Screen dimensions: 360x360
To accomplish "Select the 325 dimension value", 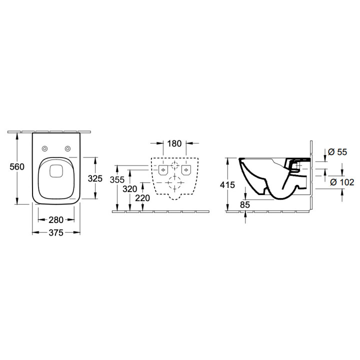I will pyautogui.click(x=95, y=178).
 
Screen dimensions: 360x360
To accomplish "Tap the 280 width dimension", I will pyautogui.click(x=56, y=219).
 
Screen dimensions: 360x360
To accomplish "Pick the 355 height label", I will pyautogui.click(x=117, y=178).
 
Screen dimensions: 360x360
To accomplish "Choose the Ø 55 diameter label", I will pyautogui.click(x=335, y=151).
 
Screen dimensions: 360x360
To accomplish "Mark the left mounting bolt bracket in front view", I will pyautogui.click(x=163, y=171).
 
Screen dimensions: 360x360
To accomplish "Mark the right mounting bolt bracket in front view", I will pyautogui.click(x=186, y=171).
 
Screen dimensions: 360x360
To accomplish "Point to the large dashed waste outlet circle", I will pyautogui.click(x=174, y=183).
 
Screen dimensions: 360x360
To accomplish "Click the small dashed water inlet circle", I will pyautogui.click(x=174, y=166).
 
